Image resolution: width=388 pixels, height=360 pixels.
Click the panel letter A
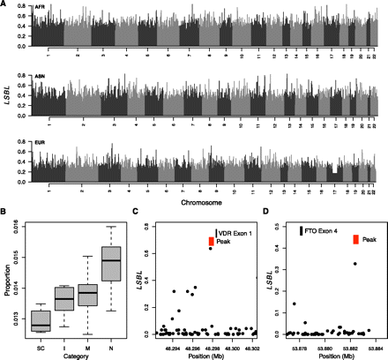coord(4,4)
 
